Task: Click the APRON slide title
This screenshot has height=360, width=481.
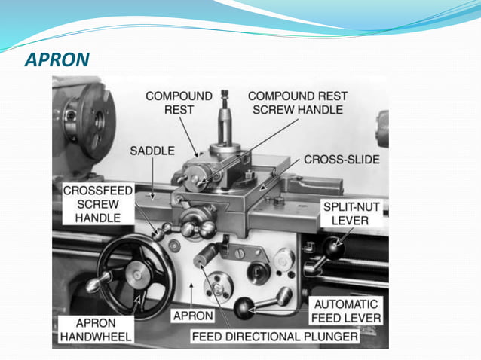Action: [57, 58]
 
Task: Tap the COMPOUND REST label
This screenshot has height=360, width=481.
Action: [179, 102]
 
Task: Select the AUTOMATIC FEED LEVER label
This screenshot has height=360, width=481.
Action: [347, 310]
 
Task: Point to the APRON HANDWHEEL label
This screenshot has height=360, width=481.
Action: [93, 328]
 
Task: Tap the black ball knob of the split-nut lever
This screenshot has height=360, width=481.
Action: [331, 246]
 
